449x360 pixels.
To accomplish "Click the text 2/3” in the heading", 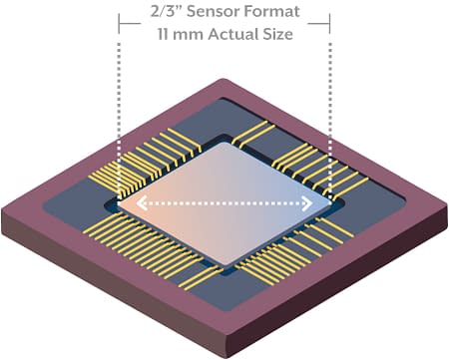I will (x=164, y=13).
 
